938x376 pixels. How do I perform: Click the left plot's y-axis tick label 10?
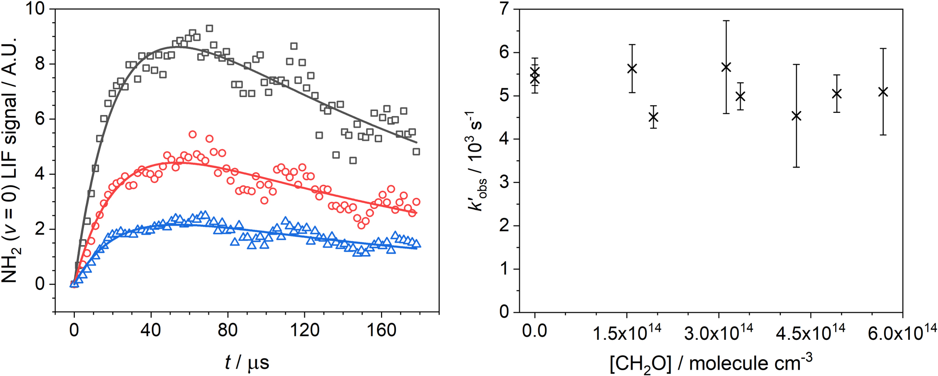click(37, 9)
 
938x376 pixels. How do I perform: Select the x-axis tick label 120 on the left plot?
click(305, 330)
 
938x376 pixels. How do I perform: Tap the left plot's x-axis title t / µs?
click(247, 362)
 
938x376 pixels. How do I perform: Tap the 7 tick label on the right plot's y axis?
click(504, 9)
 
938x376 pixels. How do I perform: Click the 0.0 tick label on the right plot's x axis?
click(535, 330)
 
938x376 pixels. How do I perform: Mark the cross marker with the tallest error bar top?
click(726, 67)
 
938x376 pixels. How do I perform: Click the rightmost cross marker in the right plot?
click(883, 92)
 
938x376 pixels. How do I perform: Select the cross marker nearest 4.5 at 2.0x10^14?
click(653, 117)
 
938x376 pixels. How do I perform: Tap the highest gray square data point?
click(209, 29)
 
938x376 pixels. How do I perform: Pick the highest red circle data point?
click(193, 135)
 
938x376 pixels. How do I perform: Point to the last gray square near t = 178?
click(416, 152)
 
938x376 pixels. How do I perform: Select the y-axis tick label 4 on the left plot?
click(41, 174)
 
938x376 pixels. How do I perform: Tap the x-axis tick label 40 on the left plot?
click(150, 330)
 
